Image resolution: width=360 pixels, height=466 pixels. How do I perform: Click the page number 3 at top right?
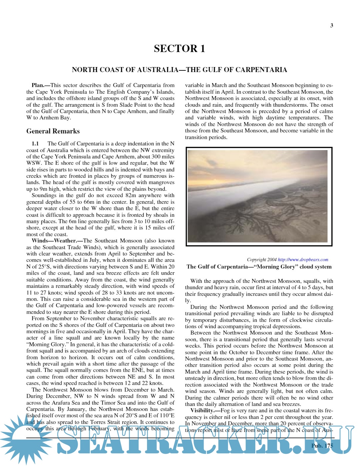pos(331,25)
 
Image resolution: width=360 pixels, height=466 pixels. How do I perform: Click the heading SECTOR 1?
pos(179,49)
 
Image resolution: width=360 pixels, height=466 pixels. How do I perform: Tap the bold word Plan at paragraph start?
pos(38,85)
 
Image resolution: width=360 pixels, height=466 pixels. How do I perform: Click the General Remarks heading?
pos(53,131)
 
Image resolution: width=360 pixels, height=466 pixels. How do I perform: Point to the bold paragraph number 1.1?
pos(35,144)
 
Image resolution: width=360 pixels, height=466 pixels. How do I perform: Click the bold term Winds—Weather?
pos(54,241)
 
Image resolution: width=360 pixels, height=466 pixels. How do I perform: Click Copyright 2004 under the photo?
pos(262,260)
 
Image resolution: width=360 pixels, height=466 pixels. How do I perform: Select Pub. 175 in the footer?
pos(322,446)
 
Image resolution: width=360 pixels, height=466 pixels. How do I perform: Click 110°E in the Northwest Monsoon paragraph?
pos(166,416)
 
